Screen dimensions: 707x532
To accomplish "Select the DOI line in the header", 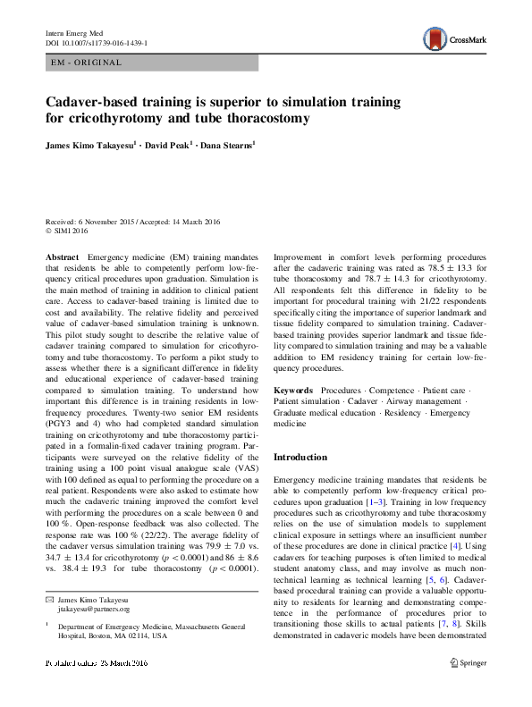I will pyautogui.click(x=97, y=42).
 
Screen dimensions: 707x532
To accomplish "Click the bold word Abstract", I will pyautogui.click(x=62, y=257).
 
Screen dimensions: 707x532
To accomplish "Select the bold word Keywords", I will pyautogui.click(x=293, y=391).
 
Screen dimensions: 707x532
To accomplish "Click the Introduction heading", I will pyautogui.click(x=300, y=458).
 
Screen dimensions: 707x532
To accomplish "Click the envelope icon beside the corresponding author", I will pyautogui.click(x=49, y=599).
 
